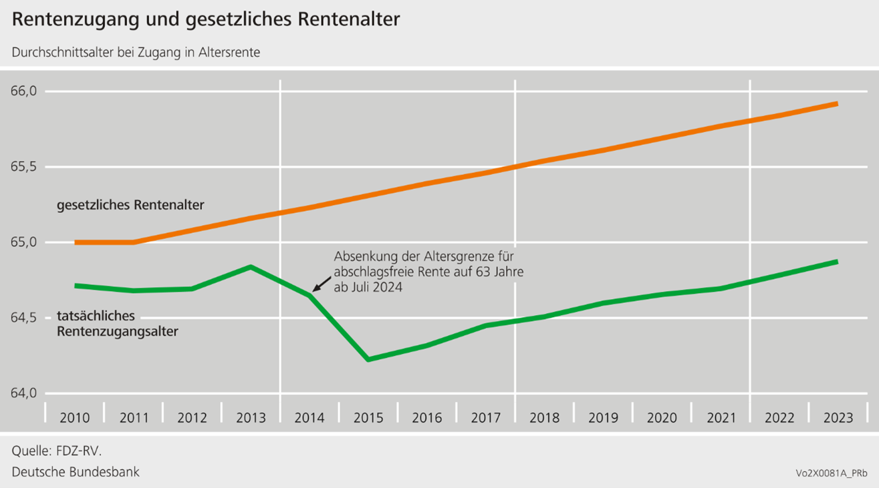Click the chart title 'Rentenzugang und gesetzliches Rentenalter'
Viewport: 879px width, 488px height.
point(206,20)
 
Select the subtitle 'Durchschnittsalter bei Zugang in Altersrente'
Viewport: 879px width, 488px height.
point(136,53)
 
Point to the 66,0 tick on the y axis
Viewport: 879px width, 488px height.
point(25,91)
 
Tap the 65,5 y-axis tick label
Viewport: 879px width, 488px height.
point(25,167)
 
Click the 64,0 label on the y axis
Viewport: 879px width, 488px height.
point(25,393)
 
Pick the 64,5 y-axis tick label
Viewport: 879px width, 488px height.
point(25,318)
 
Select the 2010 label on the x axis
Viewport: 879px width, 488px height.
point(74,418)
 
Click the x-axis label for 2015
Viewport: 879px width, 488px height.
point(368,418)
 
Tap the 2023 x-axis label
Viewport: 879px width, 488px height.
point(838,418)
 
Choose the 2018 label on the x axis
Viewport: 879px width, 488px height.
point(544,418)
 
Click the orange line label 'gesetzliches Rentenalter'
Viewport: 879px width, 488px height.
point(130,205)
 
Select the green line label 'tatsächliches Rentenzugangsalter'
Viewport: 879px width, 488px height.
point(118,323)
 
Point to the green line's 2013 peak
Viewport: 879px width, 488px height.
point(251,267)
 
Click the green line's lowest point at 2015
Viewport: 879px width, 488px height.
point(368,360)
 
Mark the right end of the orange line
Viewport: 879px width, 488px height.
point(836,104)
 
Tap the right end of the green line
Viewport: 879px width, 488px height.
point(836,262)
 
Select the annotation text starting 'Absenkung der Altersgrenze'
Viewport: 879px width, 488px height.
point(428,272)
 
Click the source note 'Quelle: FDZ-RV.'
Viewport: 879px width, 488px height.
point(57,451)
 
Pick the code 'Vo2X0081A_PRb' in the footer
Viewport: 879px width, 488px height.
point(831,473)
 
